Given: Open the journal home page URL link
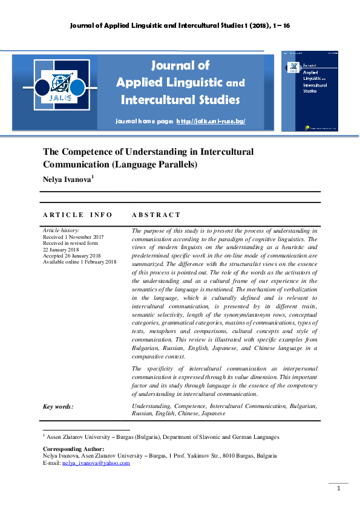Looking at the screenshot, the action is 211,122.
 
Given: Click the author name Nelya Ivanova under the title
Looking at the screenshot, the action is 66,179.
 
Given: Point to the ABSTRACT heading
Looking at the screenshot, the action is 156,215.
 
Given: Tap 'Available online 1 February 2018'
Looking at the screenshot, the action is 79,262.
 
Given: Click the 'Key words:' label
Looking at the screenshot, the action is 58,406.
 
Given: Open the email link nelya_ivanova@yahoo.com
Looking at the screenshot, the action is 96,463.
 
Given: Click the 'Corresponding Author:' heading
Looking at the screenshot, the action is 73,449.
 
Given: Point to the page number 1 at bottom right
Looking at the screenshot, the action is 339,488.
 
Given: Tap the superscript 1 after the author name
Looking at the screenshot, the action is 92,176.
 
